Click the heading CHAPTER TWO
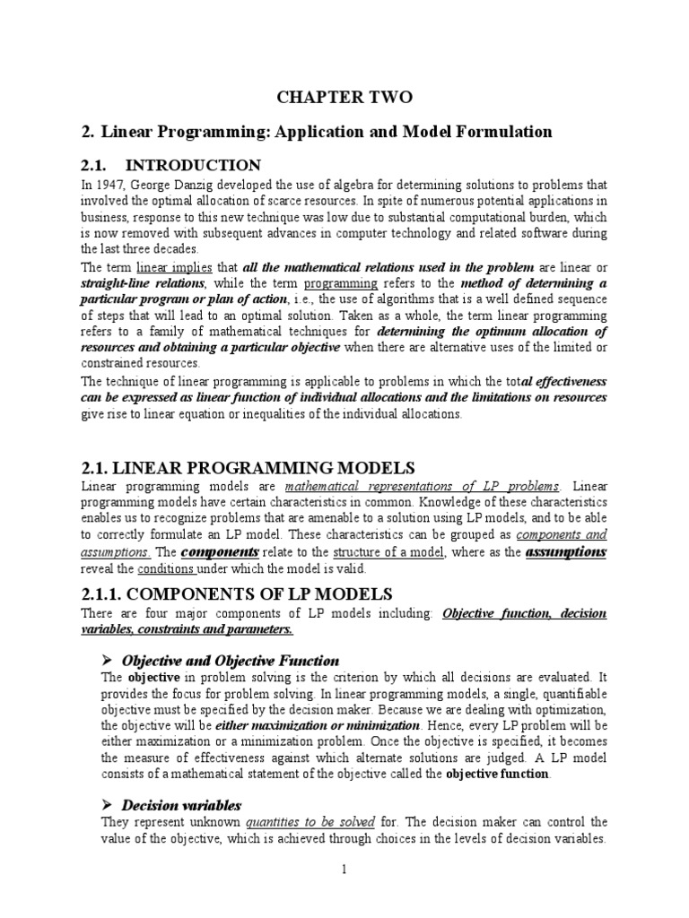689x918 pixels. point(344,98)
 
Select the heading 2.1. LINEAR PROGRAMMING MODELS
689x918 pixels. point(249,467)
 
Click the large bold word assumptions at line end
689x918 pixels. point(566,551)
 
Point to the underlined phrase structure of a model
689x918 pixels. point(394,552)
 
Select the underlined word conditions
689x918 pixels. point(161,568)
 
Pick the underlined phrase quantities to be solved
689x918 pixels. point(299,822)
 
